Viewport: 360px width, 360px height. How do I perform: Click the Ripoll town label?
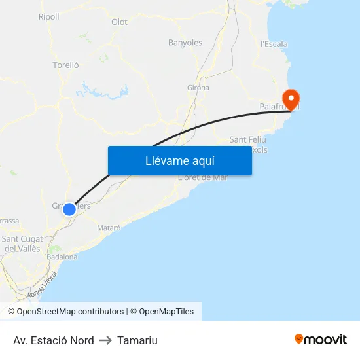48,17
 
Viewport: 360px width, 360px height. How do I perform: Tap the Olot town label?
119,22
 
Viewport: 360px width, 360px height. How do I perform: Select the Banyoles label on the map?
185,43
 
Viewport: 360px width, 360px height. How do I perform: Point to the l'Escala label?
274,45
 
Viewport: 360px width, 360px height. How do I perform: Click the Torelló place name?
65,65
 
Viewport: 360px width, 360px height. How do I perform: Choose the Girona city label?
198,88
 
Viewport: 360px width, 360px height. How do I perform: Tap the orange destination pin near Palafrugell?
289,99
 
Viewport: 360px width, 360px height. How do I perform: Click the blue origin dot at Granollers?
69,209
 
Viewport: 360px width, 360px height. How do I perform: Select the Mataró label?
109,228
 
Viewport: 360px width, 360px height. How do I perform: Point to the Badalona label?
62,257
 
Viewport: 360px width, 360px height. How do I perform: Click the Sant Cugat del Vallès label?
22,244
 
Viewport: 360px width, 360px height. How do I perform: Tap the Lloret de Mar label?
203,178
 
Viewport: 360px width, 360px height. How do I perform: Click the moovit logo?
321,340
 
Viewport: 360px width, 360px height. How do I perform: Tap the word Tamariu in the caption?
137,340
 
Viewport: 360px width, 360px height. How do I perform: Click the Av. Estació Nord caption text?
53,340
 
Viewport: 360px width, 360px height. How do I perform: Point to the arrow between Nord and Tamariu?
105,340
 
